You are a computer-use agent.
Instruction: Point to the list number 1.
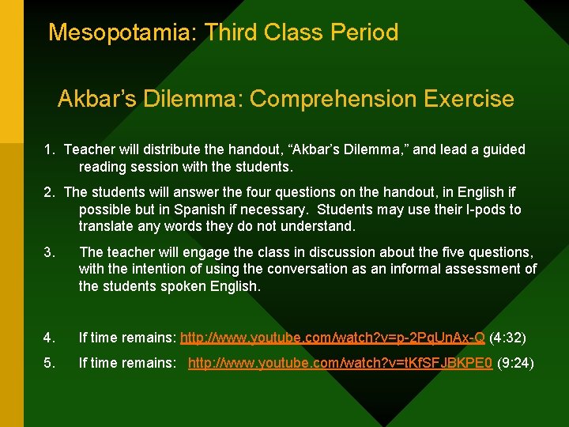click(49, 149)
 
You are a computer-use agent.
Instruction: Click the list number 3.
click(49, 252)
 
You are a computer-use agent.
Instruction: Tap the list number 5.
click(49, 363)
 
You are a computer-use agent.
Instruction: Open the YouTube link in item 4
click(332, 338)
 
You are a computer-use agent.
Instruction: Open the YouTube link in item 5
click(340, 363)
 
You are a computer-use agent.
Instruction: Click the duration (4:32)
click(507, 338)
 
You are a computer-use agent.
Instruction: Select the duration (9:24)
click(515, 363)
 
